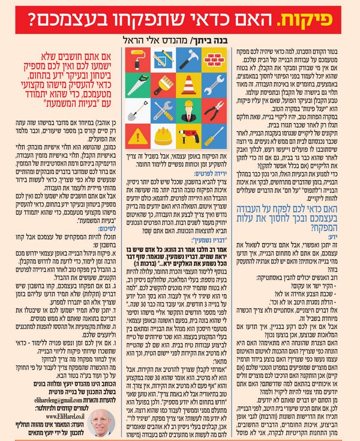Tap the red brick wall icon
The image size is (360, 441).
pyautogui.click(x=214, y=60)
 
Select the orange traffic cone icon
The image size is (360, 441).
pyautogui.click(x=188, y=85)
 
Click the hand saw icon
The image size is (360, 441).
pyautogui.click(x=138, y=85)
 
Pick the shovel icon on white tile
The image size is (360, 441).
pyautogui.click(x=138, y=110)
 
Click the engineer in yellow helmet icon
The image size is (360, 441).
pyautogui.click(x=188, y=110)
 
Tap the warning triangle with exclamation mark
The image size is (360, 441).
pyautogui.click(x=138, y=136)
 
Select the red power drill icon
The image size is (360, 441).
pyautogui.click(x=188, y=136)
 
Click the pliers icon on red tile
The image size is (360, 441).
pyautogui.click(x=214, y=110)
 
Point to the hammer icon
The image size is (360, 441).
pyautogui.click(x=188, y=60)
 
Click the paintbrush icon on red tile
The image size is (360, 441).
pyautogui.click(x=163, y=85)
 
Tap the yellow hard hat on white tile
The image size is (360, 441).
pyautogui.click(x=163, y=136)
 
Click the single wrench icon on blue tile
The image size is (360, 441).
pyautogui.click(x=214, y=85)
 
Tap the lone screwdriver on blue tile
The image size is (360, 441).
pyautogui.click(x=214, y=136)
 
